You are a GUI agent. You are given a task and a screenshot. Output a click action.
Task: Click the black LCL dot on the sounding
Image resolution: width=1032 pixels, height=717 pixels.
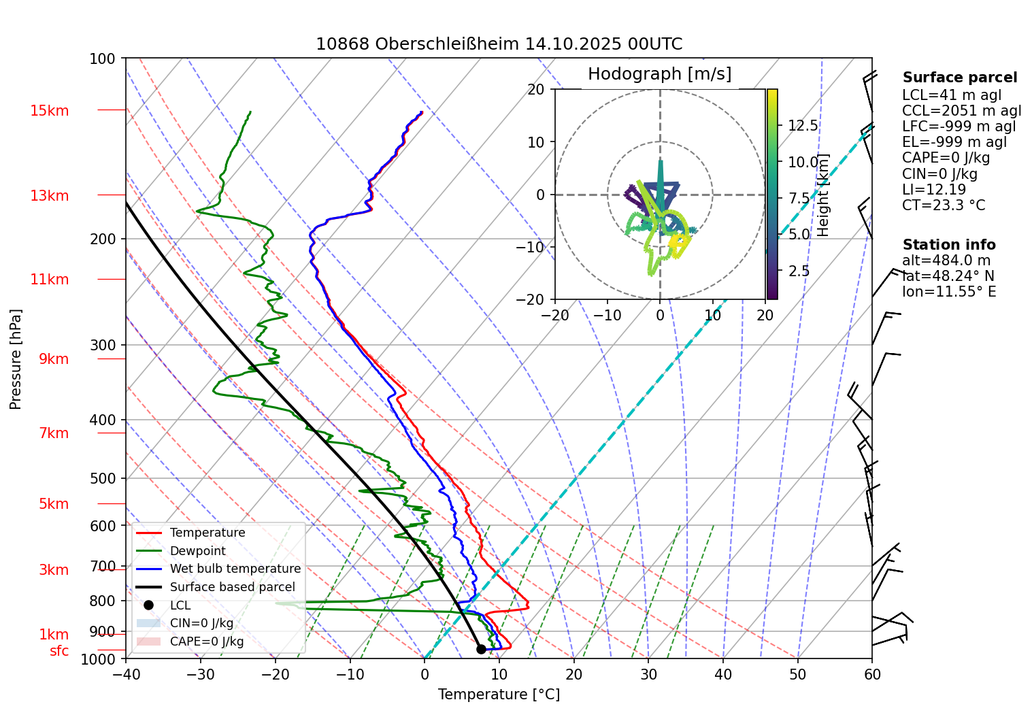481,649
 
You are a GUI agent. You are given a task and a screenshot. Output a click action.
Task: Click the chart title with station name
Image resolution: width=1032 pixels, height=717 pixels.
499,45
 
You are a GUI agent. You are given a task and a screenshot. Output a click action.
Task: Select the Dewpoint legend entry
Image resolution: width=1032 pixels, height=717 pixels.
197,551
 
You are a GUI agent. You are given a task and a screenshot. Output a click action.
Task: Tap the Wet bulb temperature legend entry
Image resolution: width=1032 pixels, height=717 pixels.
235,569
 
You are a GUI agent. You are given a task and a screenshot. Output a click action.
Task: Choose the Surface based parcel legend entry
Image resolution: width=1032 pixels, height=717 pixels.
232,587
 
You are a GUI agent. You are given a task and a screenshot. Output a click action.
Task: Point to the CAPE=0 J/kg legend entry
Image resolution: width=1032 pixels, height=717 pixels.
206,641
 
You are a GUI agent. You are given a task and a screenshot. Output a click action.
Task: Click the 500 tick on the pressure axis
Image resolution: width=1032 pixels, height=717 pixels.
103,478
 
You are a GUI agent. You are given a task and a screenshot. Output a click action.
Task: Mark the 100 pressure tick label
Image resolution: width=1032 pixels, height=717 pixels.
103,59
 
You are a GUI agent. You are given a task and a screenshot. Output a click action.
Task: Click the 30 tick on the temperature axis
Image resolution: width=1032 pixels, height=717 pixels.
648,674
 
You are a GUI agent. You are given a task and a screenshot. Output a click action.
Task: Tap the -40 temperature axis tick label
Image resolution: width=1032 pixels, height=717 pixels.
125,674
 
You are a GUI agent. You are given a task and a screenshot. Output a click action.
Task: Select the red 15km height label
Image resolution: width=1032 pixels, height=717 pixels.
50,111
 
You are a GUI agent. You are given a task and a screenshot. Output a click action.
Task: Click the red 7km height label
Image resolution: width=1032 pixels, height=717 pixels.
54,433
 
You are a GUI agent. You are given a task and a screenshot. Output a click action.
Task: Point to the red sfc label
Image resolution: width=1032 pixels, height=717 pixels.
59,651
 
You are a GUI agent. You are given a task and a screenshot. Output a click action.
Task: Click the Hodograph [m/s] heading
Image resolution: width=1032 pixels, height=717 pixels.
659,74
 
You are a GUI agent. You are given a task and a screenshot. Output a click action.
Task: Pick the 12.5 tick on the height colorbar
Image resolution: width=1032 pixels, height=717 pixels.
803,126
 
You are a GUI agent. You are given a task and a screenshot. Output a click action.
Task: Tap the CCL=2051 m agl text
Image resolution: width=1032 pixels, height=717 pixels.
961,111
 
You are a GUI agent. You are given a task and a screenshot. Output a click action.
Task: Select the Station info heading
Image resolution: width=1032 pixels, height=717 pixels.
948,245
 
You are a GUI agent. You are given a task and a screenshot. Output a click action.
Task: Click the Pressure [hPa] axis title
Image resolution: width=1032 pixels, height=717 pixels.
16,359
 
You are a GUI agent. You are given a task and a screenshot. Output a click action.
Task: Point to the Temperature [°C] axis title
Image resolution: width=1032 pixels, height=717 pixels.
499,695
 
